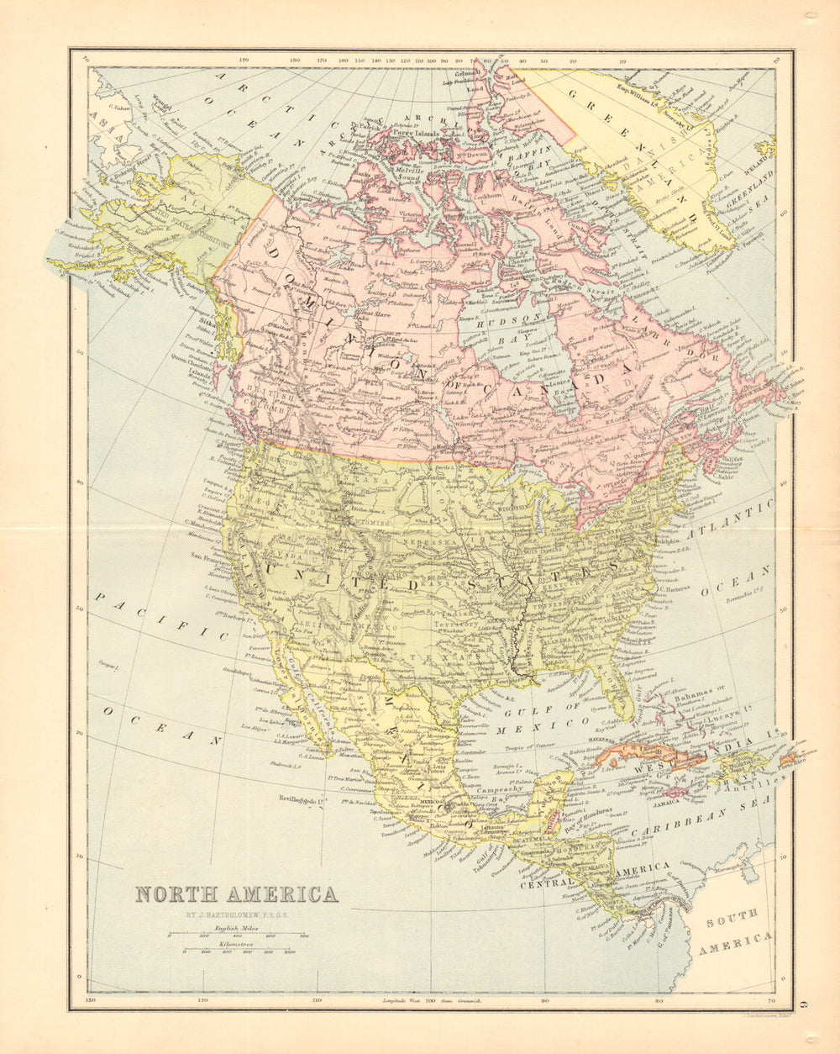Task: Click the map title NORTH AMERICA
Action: coord(236,894)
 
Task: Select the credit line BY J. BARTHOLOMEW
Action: coord(236,915)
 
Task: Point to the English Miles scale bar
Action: coord(237,934)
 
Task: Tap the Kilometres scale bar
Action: coord(237,950)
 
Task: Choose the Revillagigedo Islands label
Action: coord(301,801)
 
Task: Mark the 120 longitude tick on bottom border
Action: coord(202,1001)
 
